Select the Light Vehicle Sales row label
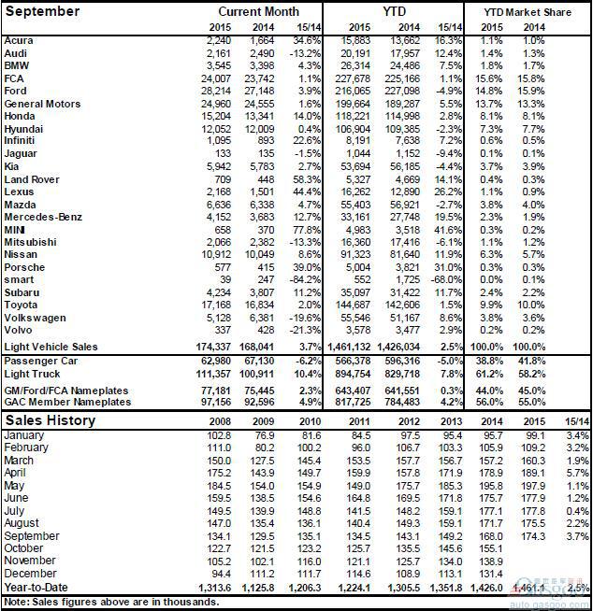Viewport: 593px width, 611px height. [x=51, y=347]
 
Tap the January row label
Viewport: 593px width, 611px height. [x=25, y=434]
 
